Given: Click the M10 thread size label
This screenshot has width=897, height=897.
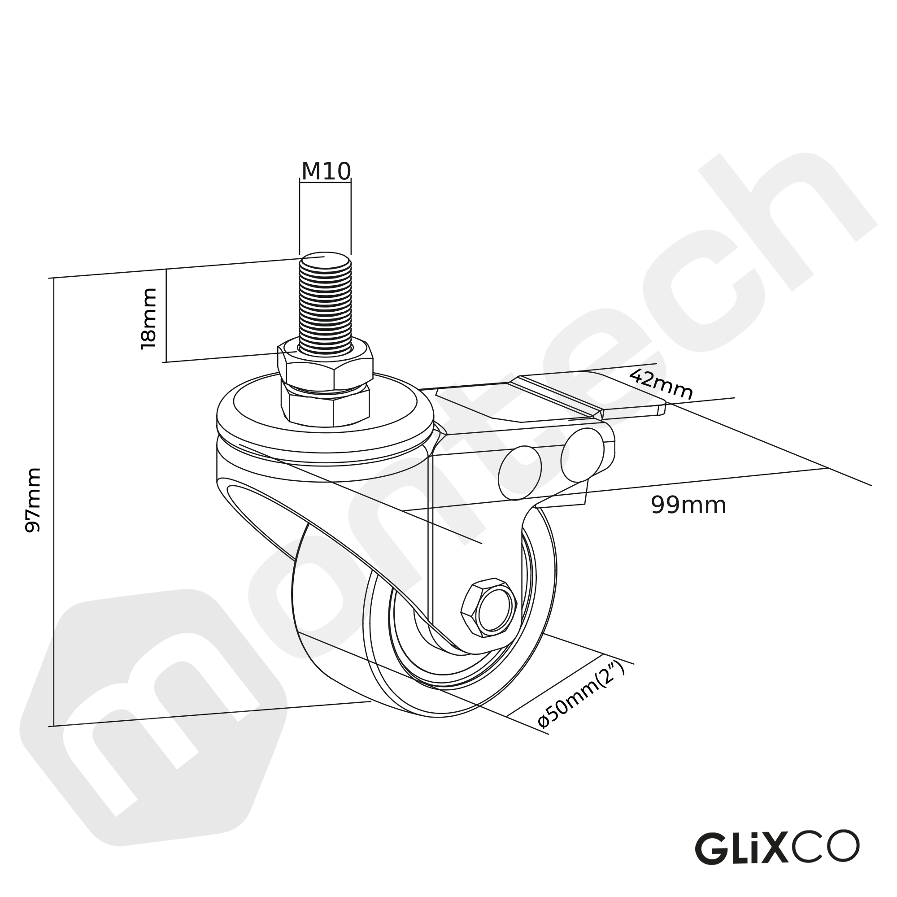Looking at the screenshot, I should pyautogui.click(x=326, y=171).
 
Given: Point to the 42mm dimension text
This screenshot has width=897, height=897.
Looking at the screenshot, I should pyautogui.click(x=661, y=385).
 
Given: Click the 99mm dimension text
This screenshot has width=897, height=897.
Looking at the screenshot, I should pyautogui.click(x=688, y=505).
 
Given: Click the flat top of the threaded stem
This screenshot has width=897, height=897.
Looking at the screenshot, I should pyautogui.click(x=325, y=261).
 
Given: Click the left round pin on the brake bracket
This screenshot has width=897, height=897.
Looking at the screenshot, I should pyautogui.click(x=519, y=473).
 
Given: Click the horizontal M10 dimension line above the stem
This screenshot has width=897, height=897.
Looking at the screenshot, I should pyautogui.click(x=325, y=183).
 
